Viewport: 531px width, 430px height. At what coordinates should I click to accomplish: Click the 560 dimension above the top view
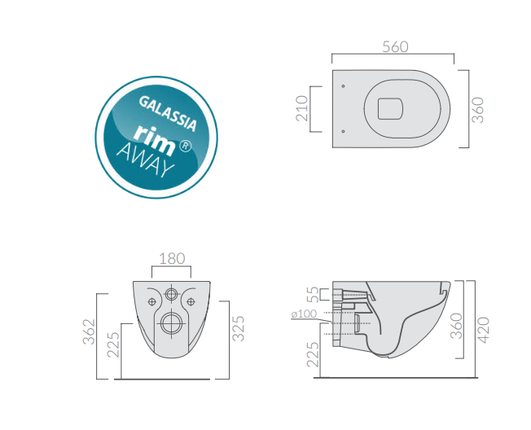[x=395, y=46]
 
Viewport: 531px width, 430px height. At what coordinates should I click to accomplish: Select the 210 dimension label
[x=301, y=108]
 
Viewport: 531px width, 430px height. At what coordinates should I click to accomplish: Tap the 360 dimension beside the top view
[x=478, y=110]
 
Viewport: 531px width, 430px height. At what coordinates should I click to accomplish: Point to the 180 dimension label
[x=172, y=259]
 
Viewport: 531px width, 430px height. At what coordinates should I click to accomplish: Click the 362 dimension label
[x=89, y=331]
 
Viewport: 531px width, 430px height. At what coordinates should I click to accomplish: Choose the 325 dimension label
[x=238, y=328]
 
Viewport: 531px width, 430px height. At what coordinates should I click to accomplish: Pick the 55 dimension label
[x=313, y=294]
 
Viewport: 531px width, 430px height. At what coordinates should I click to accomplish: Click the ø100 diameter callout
[x=304, y=314]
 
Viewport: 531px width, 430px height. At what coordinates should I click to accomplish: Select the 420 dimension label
[x=483, y=330]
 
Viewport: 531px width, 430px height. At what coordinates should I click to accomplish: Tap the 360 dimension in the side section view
[x=457, y=326]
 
